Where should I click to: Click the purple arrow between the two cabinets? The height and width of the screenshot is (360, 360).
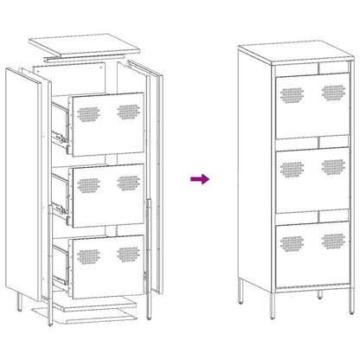pos(200,179)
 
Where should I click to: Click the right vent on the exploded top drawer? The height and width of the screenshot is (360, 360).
pos(129,112)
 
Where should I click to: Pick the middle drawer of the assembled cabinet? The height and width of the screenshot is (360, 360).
pos(313,177)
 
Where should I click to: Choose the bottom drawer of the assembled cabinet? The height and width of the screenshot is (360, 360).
pos(313,251)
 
